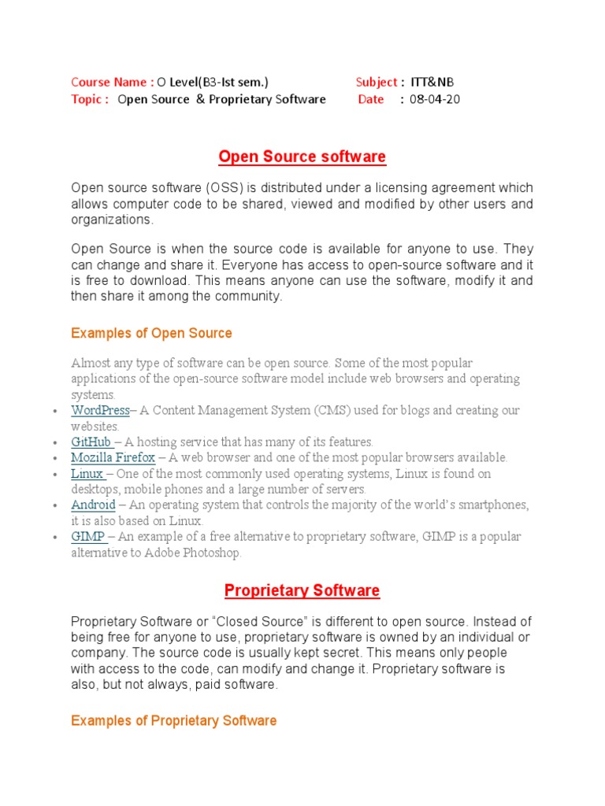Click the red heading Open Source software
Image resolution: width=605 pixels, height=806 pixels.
pos(302,157)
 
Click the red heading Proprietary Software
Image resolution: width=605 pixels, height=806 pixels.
pos(302,590)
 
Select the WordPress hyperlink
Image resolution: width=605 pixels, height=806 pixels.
pos(100,410)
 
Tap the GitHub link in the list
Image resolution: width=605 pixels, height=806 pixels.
pos(91,442)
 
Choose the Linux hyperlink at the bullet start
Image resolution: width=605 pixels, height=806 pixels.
pos(87,473)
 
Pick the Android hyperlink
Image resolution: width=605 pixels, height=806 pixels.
pos(93,505)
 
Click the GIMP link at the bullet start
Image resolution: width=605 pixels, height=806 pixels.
pos(88,536)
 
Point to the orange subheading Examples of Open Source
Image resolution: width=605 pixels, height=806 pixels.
pos(151,333)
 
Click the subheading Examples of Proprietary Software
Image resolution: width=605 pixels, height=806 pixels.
pos(173,720)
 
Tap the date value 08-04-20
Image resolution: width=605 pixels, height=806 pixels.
pos(435,99)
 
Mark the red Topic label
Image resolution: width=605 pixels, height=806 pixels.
pos(88,99)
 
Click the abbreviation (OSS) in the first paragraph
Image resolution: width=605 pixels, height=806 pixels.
pos(225,188)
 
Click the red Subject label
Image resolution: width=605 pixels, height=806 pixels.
pos(377,82)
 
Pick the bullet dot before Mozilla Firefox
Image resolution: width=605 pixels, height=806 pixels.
pos(53,458)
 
